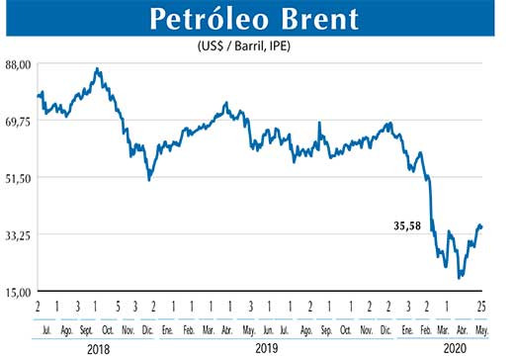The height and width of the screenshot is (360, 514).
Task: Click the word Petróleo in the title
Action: tap(202, 19)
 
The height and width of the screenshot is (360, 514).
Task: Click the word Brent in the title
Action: tap(319, 19)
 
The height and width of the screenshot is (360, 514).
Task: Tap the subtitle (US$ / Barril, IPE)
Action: tap(255, 46)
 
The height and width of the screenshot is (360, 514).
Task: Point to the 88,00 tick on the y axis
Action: tap(20, 64)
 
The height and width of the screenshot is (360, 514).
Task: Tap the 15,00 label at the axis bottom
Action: tap(20, 291)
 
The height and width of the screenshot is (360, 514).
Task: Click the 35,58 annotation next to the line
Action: tap(406, 225)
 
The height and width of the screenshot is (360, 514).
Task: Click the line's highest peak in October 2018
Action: tap(97, 69)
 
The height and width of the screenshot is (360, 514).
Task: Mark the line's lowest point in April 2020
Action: tap(460, 278)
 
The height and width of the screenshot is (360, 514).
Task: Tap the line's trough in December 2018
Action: tap(149, 180)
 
